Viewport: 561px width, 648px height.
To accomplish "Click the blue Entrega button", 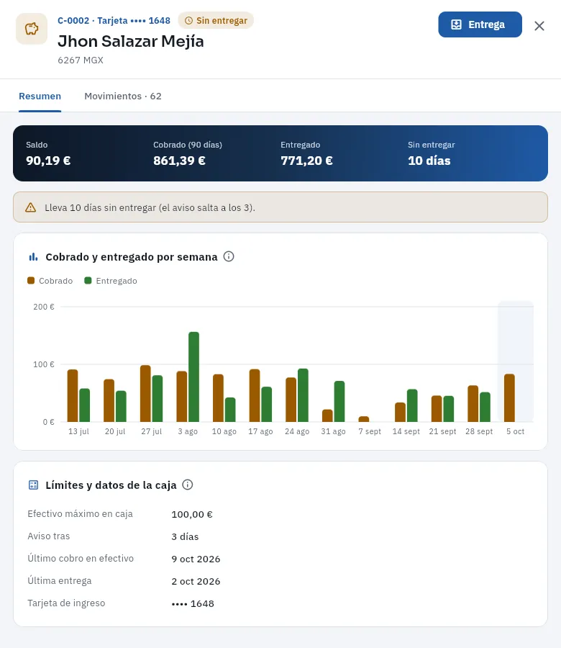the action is [480, 24].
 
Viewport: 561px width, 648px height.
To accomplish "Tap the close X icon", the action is [539, 26].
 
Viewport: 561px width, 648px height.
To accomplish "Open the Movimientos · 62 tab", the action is [123, 96].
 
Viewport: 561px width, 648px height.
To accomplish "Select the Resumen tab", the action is [40, 96].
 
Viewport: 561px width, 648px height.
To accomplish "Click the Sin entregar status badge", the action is [216, 21].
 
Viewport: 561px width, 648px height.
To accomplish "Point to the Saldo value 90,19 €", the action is [48, 161].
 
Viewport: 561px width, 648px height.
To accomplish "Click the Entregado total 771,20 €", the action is [306, 161].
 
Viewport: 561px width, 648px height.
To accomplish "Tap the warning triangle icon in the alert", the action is [30, 207].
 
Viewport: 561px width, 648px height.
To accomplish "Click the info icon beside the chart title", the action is [229, 256].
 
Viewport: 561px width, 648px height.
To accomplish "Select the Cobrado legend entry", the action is [50, 281].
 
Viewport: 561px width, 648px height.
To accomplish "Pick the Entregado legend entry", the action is [111, 281].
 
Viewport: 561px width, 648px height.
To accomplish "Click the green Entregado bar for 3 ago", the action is [194, 377].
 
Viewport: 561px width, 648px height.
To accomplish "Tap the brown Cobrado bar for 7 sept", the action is [364, 419].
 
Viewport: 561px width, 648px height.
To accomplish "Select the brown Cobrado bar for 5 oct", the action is [509, 398].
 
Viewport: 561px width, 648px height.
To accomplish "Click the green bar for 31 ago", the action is [339, 401].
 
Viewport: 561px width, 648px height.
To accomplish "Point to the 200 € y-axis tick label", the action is [44, 307].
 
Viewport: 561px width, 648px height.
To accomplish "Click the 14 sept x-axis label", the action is [406, 431].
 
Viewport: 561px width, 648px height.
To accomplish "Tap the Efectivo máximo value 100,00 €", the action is [192, 515].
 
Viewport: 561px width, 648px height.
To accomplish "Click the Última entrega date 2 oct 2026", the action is [196, 582].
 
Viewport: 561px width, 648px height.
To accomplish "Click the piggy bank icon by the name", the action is [32, 29].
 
